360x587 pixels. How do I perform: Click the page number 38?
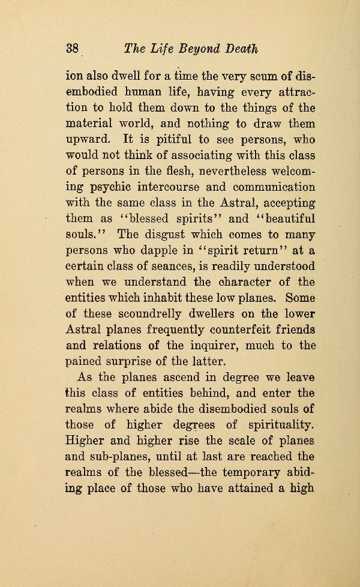pos(73,49)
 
